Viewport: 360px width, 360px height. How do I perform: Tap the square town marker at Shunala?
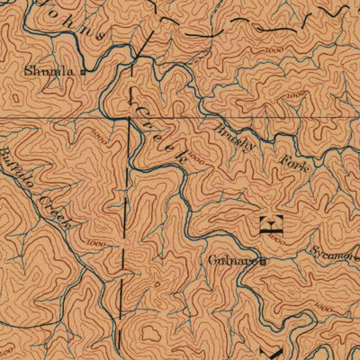tap(82, 70)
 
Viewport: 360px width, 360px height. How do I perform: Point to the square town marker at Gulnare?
tap(265, 262)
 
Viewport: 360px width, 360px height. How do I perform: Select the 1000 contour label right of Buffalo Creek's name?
tap(93, 243)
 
